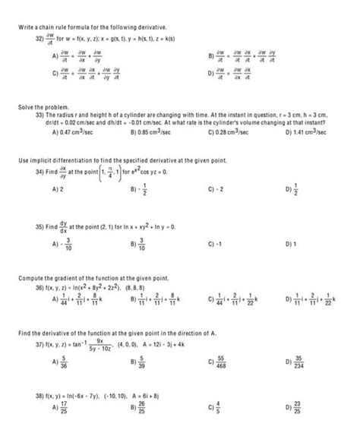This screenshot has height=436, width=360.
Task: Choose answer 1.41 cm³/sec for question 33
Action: (x=312, y=131)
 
